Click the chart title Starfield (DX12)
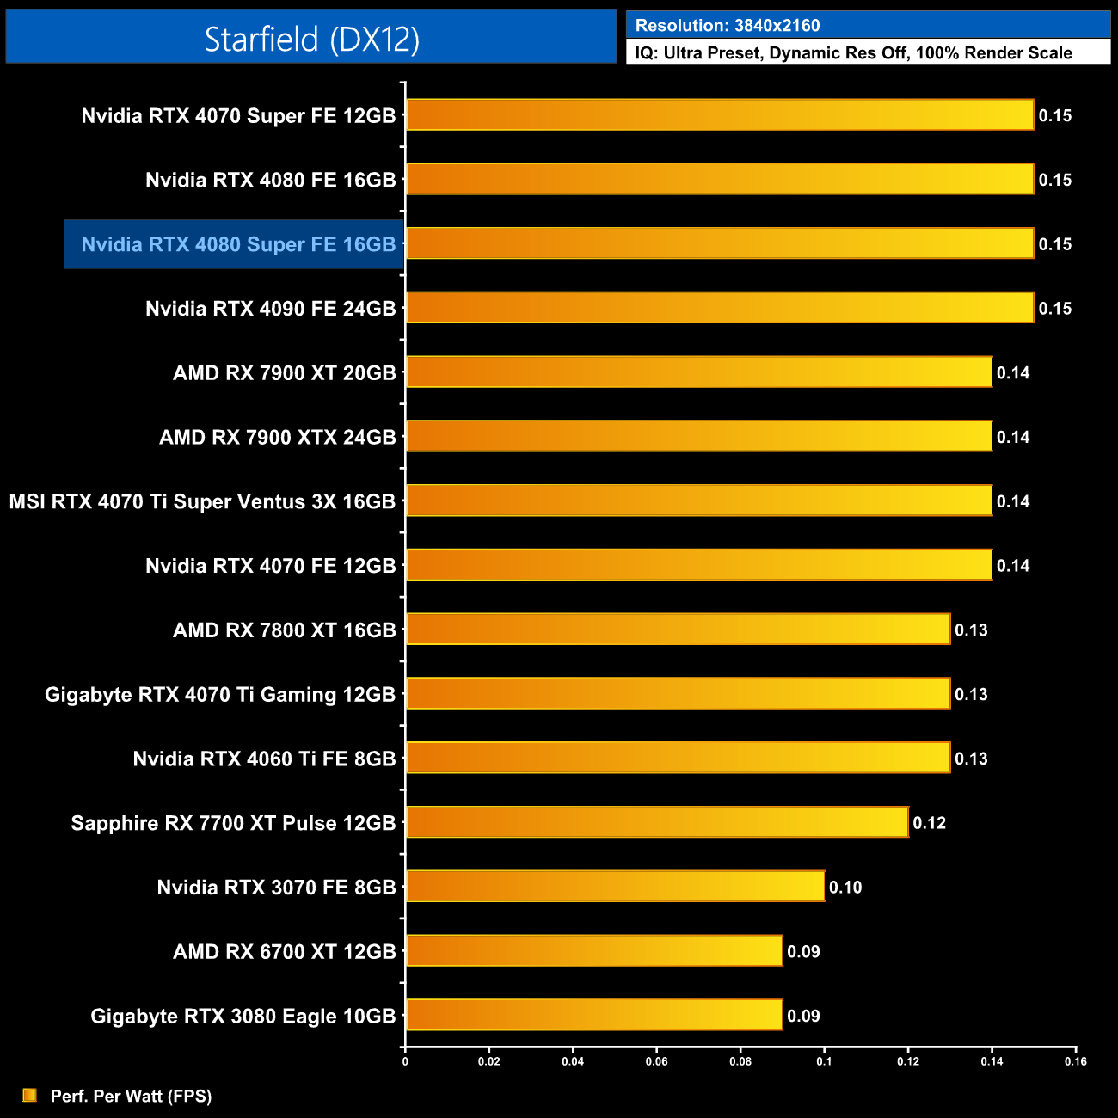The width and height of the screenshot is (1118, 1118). pos(311,39)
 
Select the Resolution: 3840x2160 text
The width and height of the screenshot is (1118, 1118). pos(728,26)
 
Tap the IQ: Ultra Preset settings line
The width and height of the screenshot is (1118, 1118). pos(853,53)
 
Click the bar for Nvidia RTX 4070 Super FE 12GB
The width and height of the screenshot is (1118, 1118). pos(719,115)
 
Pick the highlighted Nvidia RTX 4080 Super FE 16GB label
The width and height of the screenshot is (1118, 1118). pos(238,244)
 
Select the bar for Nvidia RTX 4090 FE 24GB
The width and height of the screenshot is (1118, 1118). pos(719,308)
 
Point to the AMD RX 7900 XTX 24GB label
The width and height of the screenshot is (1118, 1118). pos(277,437)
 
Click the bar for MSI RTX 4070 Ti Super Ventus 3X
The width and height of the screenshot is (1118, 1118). pos(698,501)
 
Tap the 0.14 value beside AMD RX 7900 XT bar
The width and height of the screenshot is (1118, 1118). pos(1013,373)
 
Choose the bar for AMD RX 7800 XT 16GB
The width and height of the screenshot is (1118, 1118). pos(678,630)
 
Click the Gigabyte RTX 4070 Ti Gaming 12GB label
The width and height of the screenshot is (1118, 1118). pos(220,694)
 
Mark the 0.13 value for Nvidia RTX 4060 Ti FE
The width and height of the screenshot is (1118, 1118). pos(971,759)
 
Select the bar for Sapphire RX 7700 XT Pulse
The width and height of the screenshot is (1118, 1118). pos(657,822)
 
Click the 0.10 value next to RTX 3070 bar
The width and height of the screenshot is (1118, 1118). pos(845,888)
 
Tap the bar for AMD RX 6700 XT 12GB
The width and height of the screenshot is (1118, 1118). pos(593,951)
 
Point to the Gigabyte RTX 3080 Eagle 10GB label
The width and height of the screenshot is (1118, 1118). pos(243,1016)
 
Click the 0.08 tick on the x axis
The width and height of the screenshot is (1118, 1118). pos(740,1061)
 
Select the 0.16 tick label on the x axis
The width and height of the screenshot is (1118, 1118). pos(1075,1061)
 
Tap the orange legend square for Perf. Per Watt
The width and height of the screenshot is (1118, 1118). pos(30,1095)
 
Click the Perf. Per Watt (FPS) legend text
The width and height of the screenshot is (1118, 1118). pos(131,1096)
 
